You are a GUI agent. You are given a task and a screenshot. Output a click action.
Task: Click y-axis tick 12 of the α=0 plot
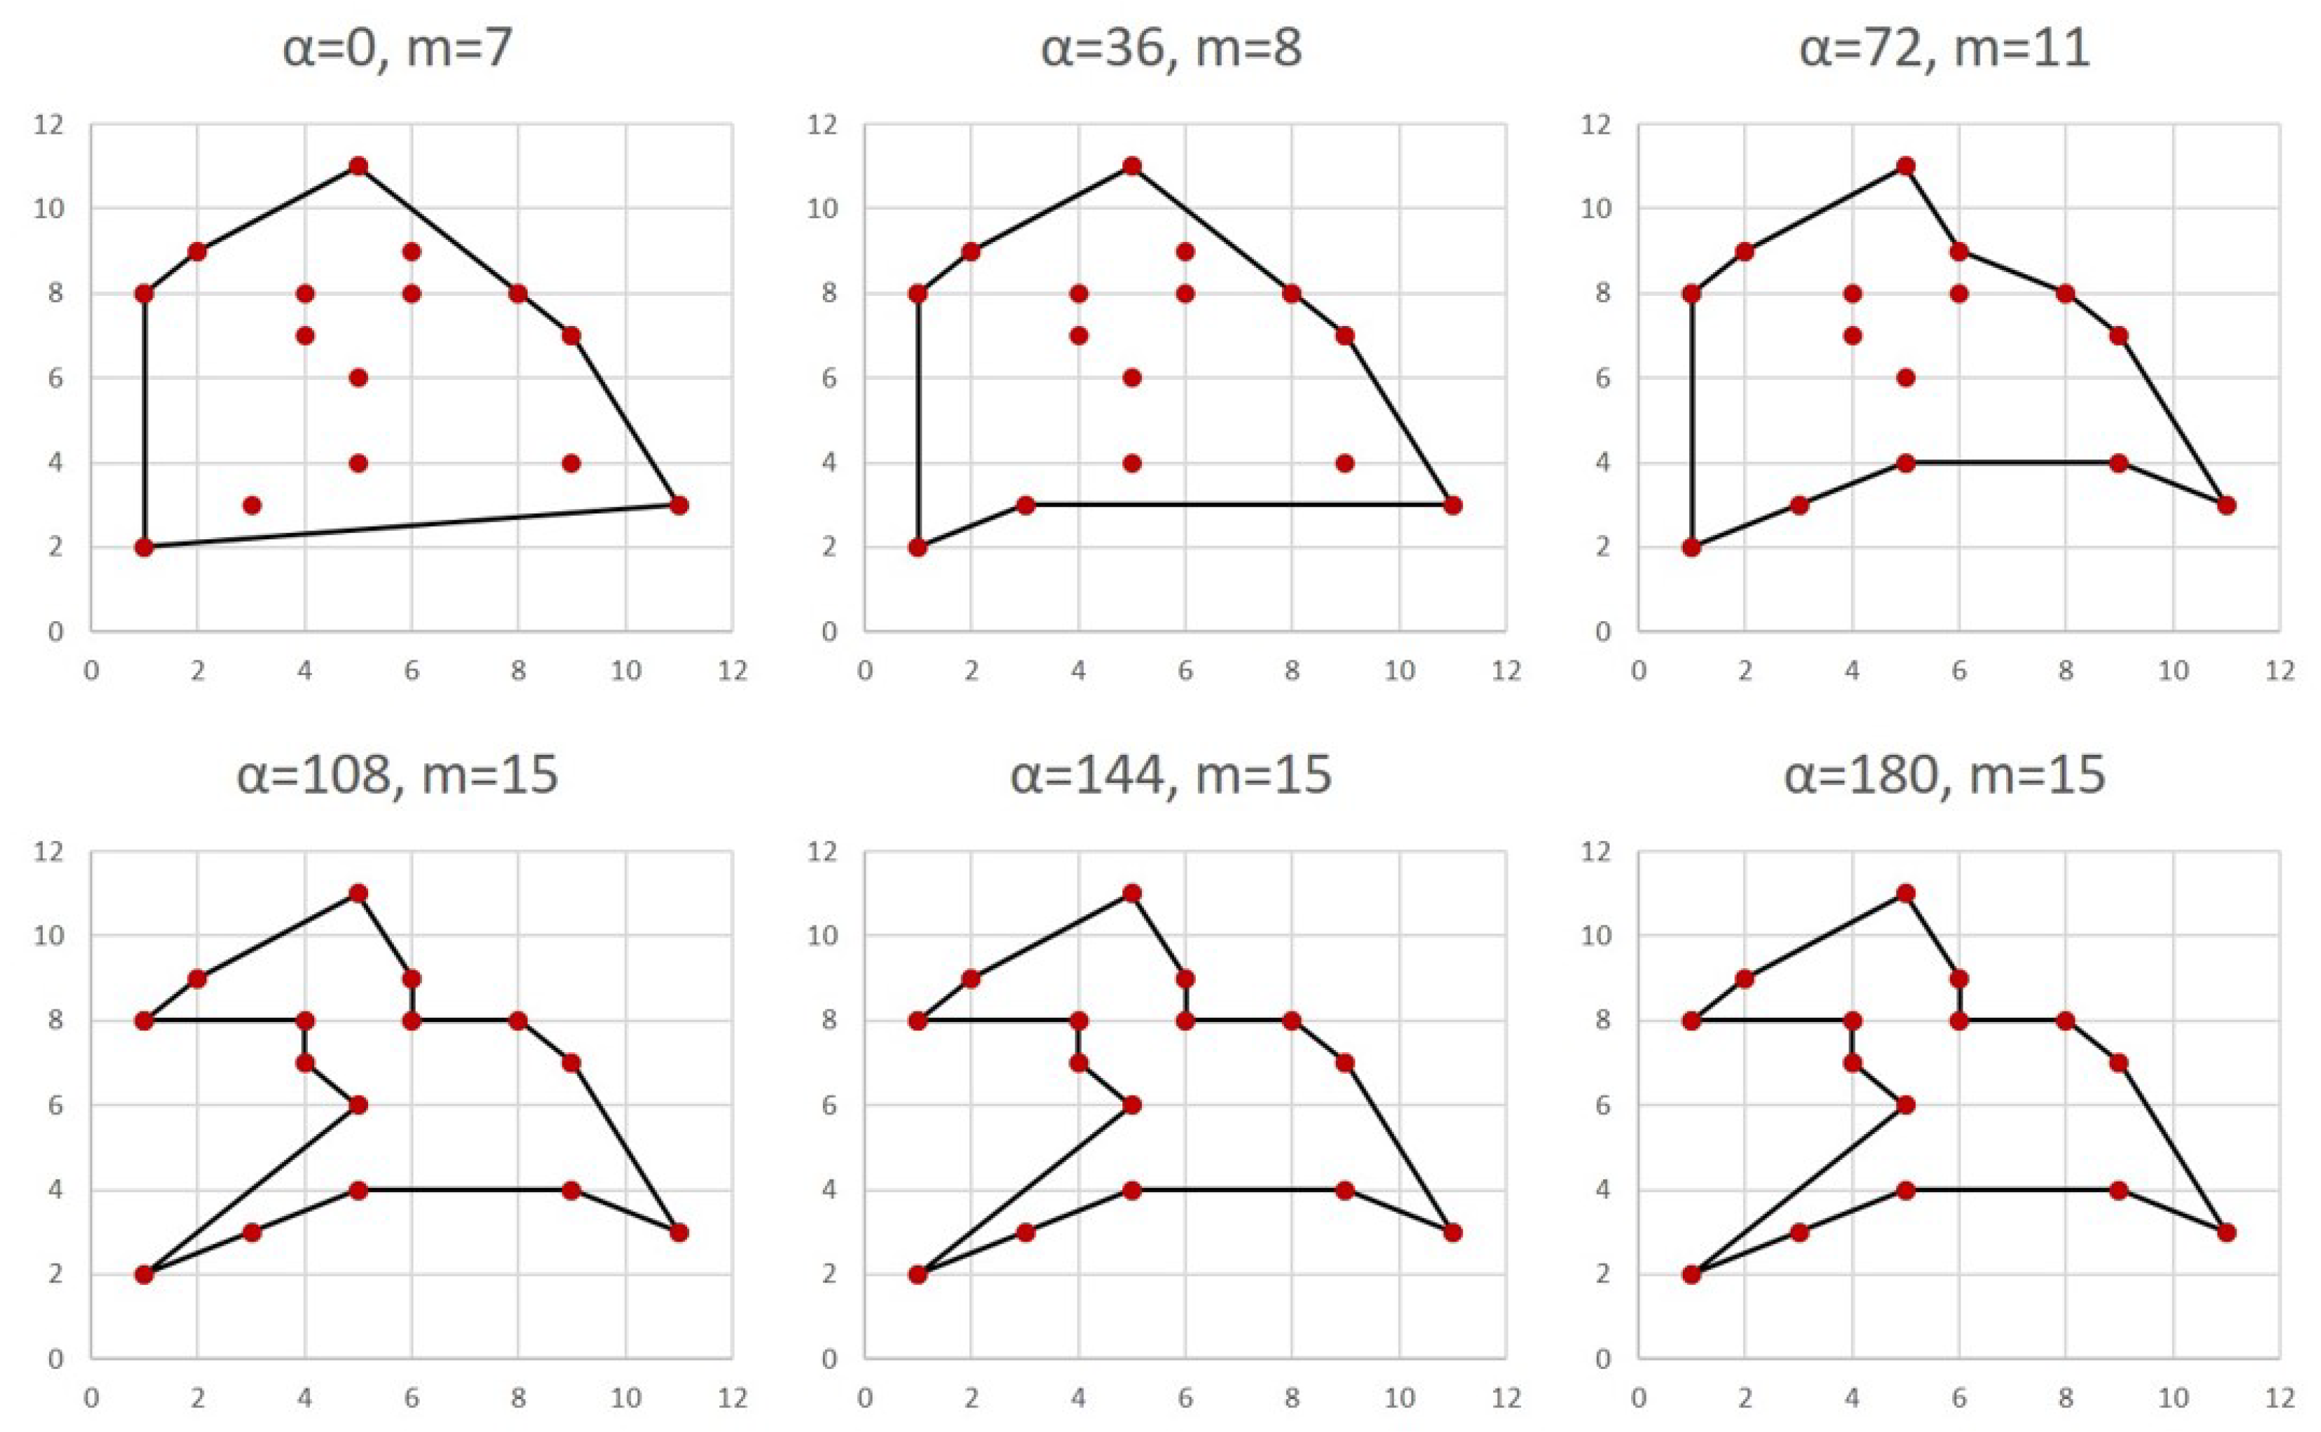(49, 124)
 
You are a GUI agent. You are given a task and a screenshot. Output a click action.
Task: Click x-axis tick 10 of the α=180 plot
(2173, 1398)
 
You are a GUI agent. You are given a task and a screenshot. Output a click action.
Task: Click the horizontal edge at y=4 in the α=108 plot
(464, 1191)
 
